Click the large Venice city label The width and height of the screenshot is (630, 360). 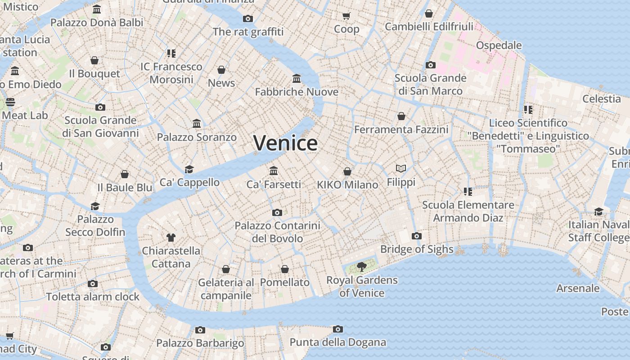pos(285,143)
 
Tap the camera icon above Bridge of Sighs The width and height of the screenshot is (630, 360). pos(417,236)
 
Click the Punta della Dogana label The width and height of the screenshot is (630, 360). pos(337,342)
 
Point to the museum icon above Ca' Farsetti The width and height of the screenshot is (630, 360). pos(274,171)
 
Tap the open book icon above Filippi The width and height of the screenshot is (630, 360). pos(401,169)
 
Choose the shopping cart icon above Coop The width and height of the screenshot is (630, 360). pos(346,16)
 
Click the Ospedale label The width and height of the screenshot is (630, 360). pos(499,45)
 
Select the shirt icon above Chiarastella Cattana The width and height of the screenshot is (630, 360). pos(171,237)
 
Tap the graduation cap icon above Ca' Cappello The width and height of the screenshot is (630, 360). pos(189,169)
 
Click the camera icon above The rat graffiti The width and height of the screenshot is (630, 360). pos(248,18)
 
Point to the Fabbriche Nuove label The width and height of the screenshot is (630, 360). pos(297,92)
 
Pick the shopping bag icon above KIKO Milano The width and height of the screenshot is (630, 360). pos(347,171)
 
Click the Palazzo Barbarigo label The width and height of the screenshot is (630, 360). pos(200,343)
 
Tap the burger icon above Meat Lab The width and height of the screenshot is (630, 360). pos(10,102)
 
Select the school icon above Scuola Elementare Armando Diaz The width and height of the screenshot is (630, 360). pos(468,192)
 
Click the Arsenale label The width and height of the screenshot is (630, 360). pos(578,288)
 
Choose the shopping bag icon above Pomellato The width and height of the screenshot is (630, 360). pos(285,269)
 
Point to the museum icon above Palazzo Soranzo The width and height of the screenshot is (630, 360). pos(197,123)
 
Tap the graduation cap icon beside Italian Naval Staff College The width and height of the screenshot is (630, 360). pos(598,211)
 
